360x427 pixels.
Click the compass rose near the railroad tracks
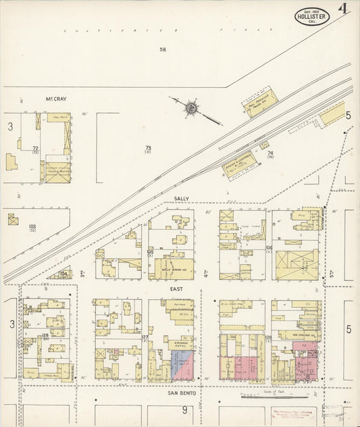[192, 107]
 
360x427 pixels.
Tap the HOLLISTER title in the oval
[311, 16]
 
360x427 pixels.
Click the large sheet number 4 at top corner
[344, 10]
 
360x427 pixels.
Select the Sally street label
[181, 199]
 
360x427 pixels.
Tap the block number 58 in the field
[163, 49]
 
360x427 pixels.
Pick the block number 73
[147, 147]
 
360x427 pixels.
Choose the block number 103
[31, 226]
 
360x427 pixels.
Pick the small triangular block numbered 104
[63, 274]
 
